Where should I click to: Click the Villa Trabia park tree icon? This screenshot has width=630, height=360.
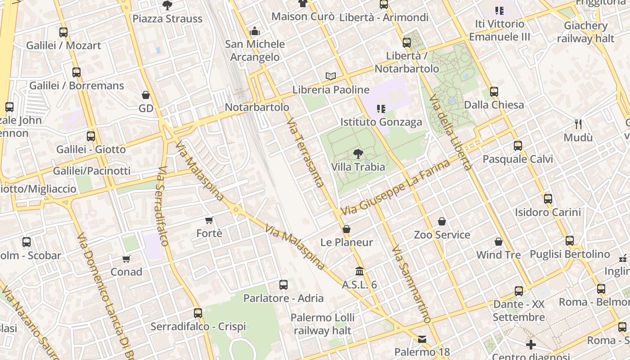tap(358, 154)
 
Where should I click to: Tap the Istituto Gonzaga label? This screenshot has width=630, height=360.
tap(381, 122)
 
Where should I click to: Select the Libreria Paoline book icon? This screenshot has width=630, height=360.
tap(331, 76)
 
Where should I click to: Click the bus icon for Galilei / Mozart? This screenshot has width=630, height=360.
tap(63, 32)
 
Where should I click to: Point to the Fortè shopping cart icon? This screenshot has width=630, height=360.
tap(209, 220)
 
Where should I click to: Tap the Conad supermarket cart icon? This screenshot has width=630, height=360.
tap(126, 259)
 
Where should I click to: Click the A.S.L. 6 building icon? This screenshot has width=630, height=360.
tap(360, 271)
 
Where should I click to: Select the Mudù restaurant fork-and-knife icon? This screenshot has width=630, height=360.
tap(578, 124)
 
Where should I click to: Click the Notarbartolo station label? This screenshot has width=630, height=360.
tap(257, 108)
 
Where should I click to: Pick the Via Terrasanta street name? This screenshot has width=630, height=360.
tap(305, 153)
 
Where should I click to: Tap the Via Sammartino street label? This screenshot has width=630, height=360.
tap(411, 284)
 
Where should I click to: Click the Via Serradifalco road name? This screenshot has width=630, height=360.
tap(163, 207)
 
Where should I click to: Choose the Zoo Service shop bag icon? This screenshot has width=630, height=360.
tap(442, 221)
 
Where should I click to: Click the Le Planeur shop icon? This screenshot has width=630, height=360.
tap(346, 229)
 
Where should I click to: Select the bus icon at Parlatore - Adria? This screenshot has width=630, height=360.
tap(283, 285)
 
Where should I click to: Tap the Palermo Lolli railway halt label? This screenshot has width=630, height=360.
tap(323, 324)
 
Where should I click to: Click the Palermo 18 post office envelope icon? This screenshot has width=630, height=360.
tap(422, 339)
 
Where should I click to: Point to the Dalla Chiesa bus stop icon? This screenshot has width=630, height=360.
tap(494, 92)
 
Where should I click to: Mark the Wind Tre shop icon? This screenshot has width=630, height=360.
tap(499, 242)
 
